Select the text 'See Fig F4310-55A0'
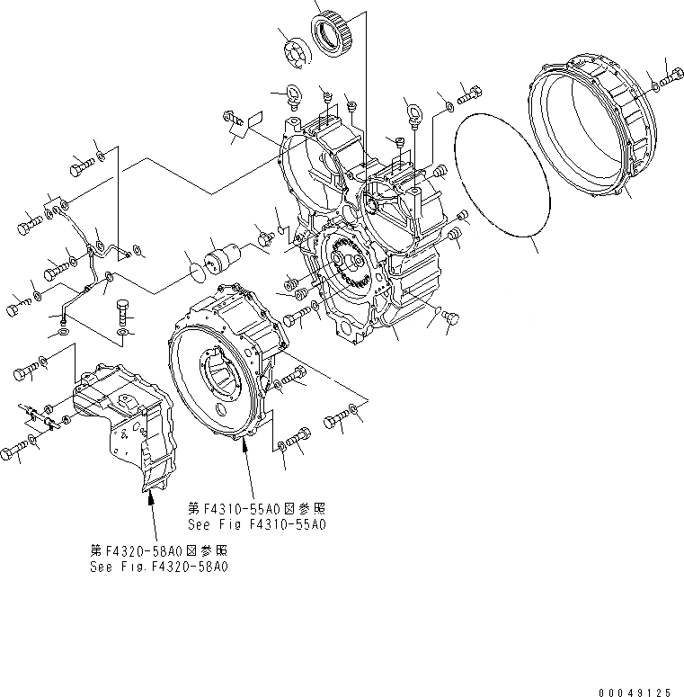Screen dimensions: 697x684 coord(256,524)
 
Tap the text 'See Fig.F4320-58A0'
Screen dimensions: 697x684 coord(159,567)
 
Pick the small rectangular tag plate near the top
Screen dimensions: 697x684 coord(253,120)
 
